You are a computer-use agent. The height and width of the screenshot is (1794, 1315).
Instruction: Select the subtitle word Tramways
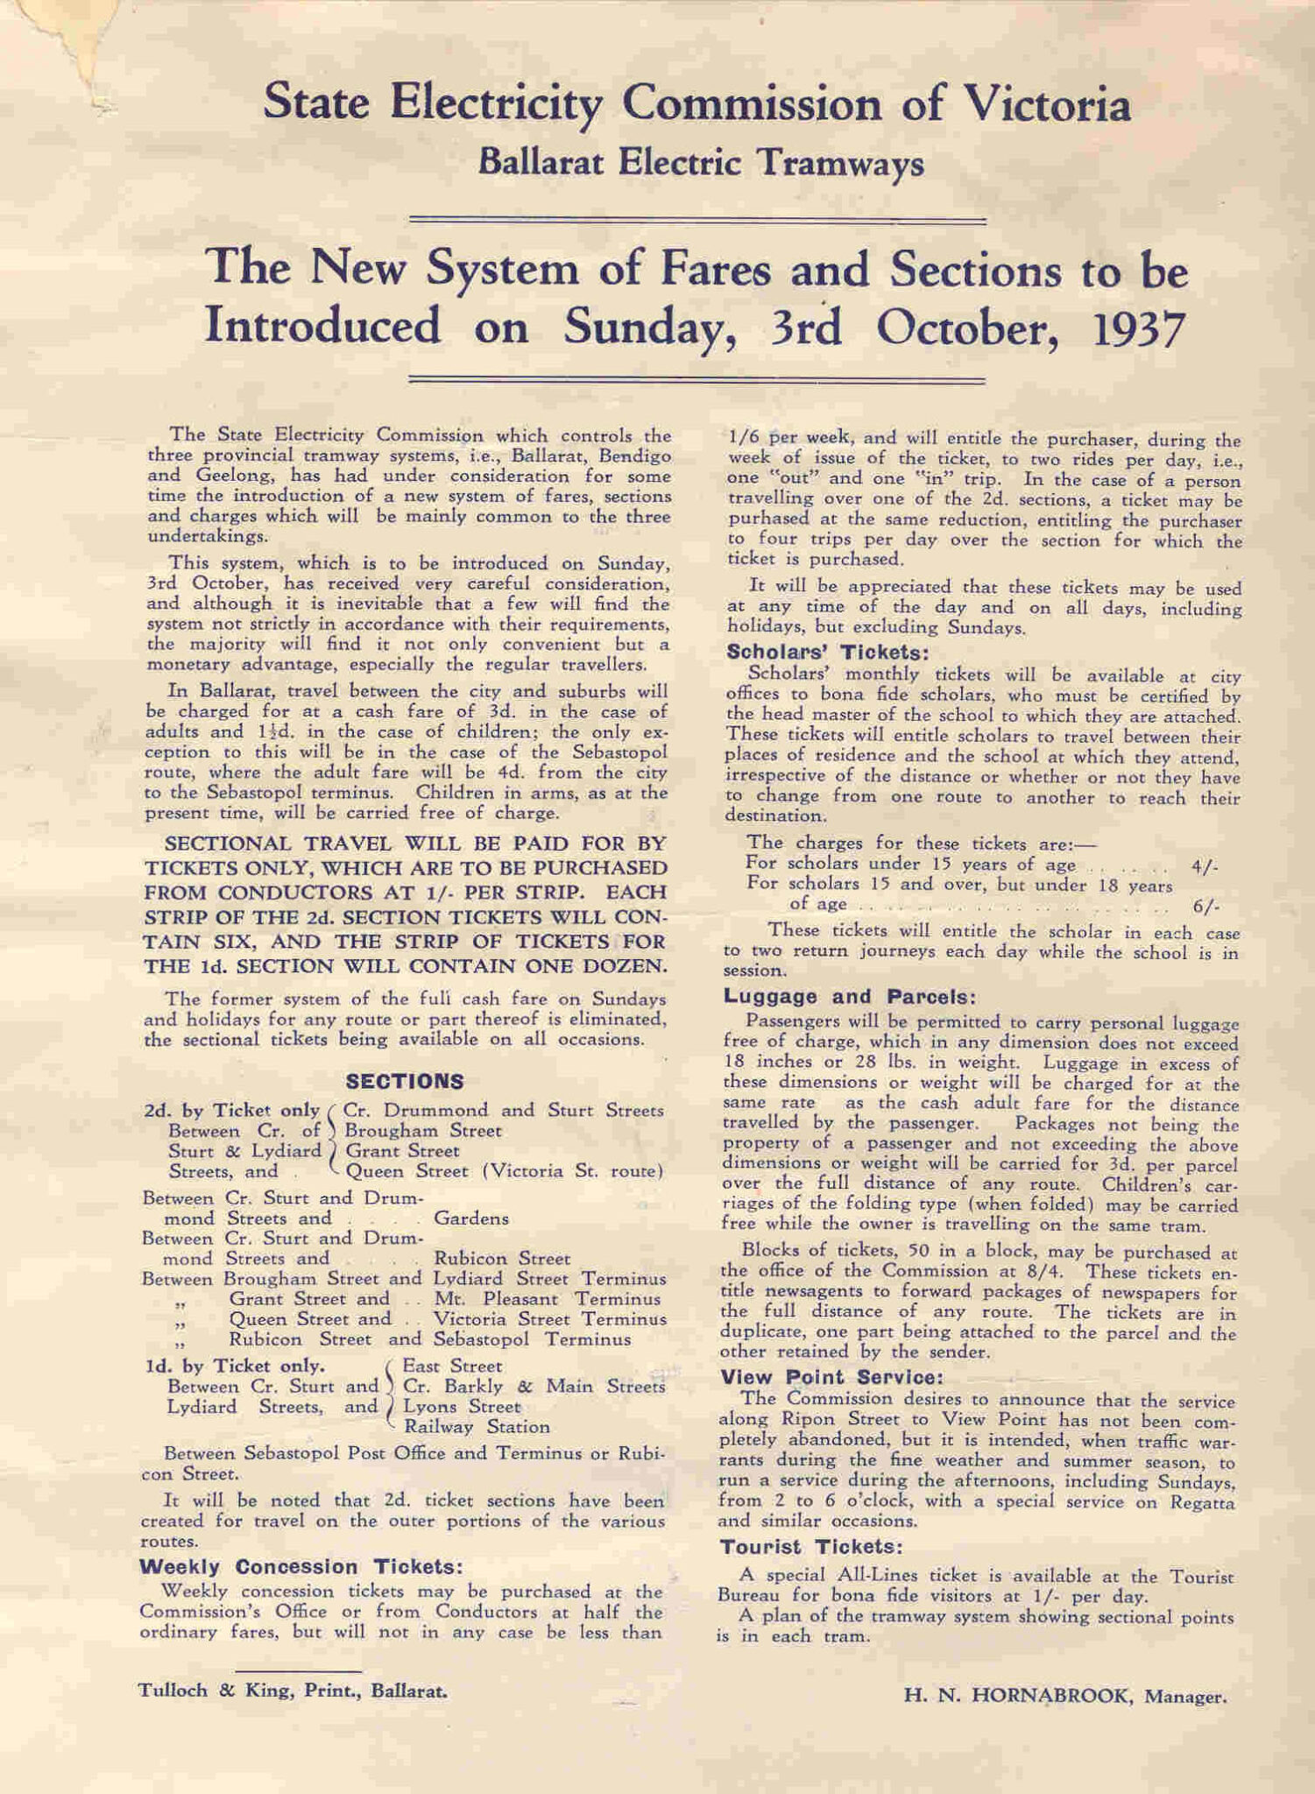[839, 163]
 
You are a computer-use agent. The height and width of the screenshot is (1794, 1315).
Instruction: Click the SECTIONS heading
[405, 1081]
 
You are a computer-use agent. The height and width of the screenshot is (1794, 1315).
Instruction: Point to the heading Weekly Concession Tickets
[300, 1566]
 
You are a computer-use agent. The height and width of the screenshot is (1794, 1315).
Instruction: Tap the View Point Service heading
[831, 1377]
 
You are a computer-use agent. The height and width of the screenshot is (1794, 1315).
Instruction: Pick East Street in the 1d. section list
[452, 1366]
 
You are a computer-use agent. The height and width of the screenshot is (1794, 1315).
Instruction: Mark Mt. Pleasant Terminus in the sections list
[547, 1298]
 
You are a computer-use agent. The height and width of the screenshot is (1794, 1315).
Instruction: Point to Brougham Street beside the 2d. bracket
[423, 1130]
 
